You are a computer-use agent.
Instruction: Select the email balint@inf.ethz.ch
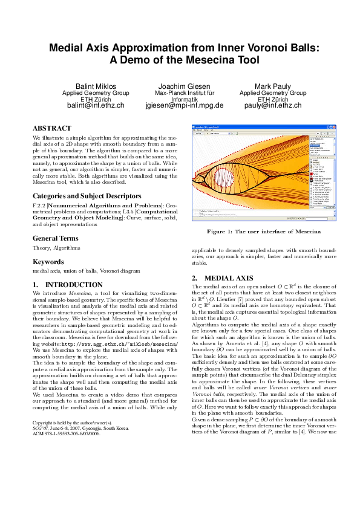pos(96,105)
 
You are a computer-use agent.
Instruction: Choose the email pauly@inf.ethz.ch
pos(272,105)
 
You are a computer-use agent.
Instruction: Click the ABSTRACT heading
pos(53,129)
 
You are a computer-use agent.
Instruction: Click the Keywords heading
pos(48,262)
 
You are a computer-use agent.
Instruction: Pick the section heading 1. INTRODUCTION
pos(67,285)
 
